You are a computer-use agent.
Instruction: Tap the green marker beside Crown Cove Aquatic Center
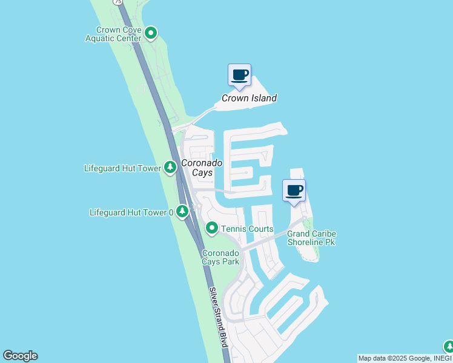[151, 33]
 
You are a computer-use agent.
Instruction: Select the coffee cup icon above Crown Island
[239, 75]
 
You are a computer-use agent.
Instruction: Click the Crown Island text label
[249, 98]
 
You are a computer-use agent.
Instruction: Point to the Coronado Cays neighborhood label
[202, 168]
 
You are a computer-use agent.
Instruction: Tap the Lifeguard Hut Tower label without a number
[122, 168]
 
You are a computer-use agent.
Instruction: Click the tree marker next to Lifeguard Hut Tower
[170, 168]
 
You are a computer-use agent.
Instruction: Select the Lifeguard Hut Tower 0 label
[131, 212]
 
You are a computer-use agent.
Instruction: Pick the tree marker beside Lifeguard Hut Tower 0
[181, 212]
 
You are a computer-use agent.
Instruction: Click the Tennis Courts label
[247, 229]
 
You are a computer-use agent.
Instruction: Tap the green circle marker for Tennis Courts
[212, 228]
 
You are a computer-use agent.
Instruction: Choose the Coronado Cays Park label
[220, 257]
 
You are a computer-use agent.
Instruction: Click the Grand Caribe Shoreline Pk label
[311, 238]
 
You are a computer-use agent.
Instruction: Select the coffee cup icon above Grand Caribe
[294, 191]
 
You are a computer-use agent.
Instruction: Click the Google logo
[20, 356]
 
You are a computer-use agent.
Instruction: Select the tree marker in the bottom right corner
[448, 347]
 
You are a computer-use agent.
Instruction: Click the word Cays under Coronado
[202, 173]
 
